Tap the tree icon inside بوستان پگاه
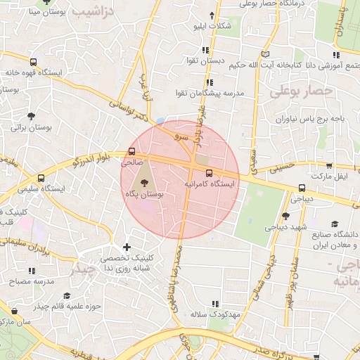pyautogui.click(x=143, y=181)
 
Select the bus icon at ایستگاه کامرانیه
pyautogui.click(x=209, y=173)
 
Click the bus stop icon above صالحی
pyautogui.click(x=132, y=152)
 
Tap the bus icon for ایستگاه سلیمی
pyautogui.click(x=41, y=179)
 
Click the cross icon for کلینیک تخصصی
pyautogui.click(x=127, y=247)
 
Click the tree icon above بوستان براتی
pyautogui.click(x=31, y=116)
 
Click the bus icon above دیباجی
pyautogui.click(x=302, y=188)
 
